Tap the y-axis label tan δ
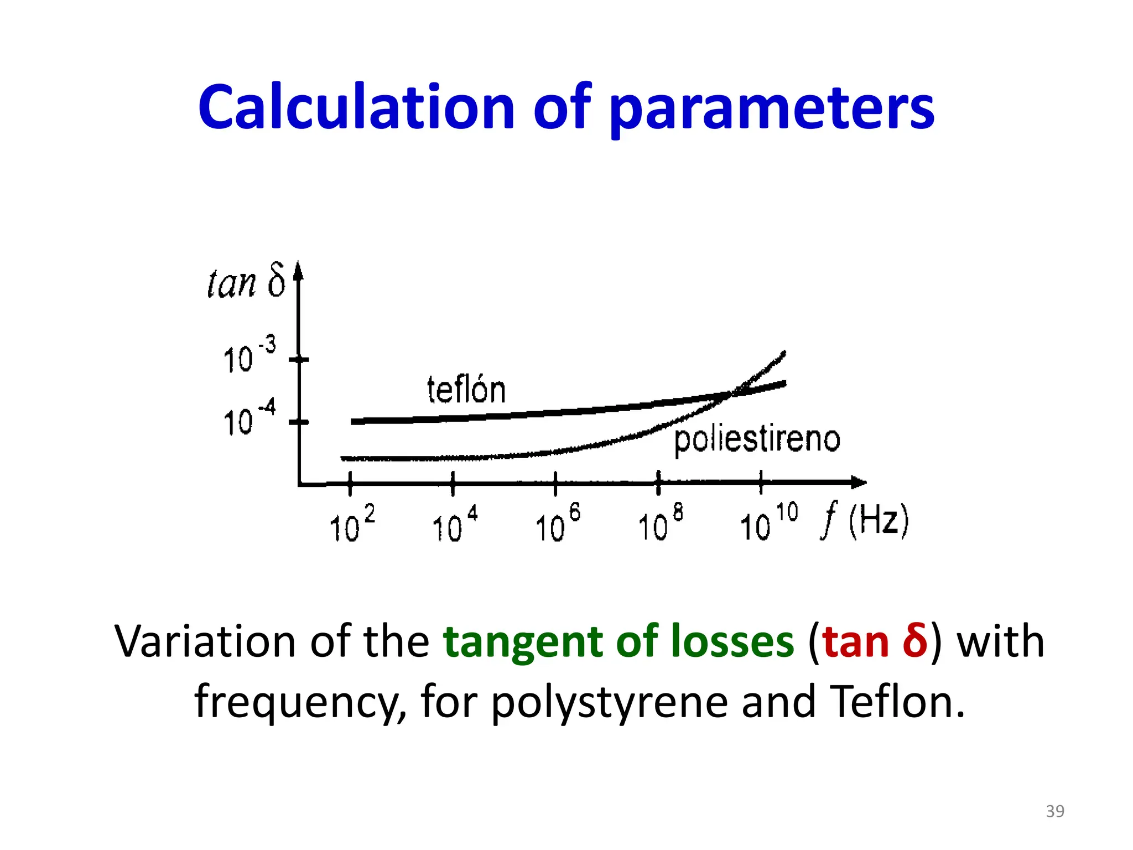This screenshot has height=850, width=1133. coord(246,282)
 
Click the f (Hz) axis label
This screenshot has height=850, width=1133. coord(865,520)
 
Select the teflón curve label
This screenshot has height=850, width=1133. coord(466,390)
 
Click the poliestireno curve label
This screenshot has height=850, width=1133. coord(757,440)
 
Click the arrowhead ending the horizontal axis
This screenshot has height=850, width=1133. coord(859,483)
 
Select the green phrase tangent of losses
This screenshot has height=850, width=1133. coord(619,641)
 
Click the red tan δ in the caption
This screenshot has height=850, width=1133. coord(875,641)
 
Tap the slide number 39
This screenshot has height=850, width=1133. coord(1055,811)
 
